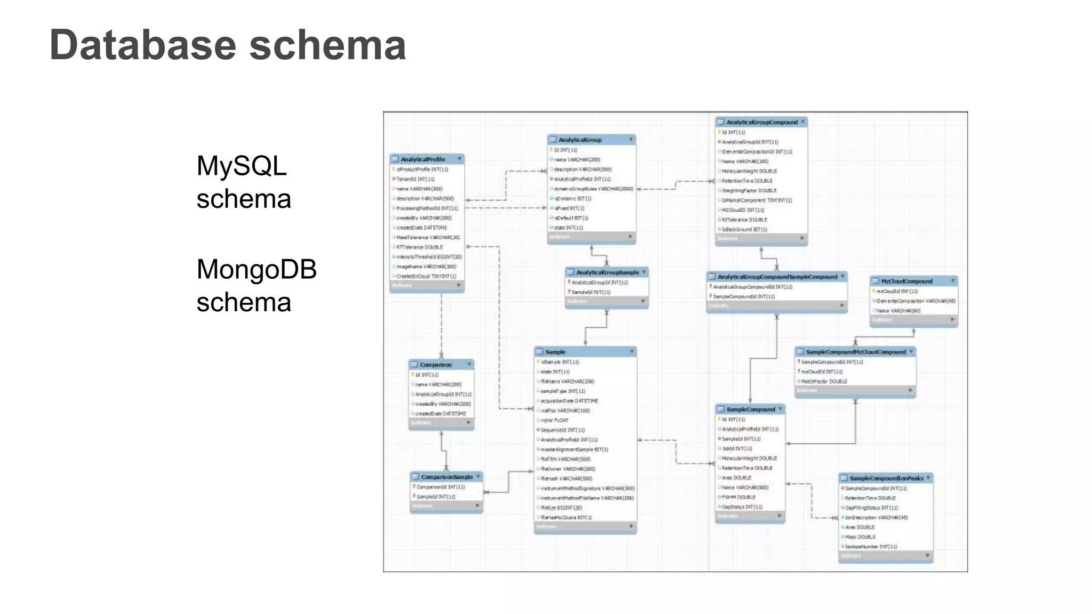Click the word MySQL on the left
pyautogui.click(x=242, y=166)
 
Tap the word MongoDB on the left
pyautogui.click(x=256, y=269)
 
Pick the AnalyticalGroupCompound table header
pyautogui.click(x=762, y=122)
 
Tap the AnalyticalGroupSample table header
pyautogui.click(x=607, y=272)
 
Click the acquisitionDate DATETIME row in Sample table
pyautogui.click(x=569, y=401)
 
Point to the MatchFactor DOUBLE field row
pyautogui.click(x=824, y=382)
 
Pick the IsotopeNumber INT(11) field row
pyautogui.click(x=871, y=547)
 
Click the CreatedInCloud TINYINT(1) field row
pyautogui.click(x=426, y=277)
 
